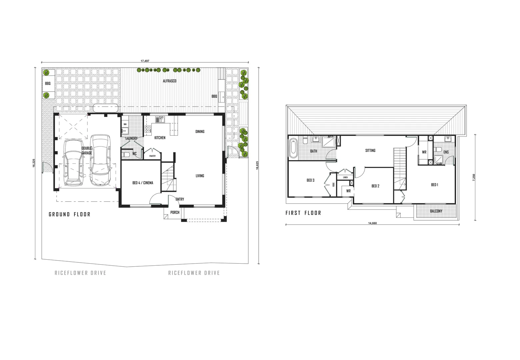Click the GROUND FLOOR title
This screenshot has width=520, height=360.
(69, 214)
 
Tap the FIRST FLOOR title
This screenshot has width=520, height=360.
(303, 213)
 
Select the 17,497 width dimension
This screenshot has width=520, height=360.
(145, 61)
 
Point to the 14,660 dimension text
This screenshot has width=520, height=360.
(372, 223)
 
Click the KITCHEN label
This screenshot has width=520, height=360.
(159, 138)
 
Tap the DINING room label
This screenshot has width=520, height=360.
(200, 131)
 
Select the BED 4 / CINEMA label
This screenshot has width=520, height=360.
(143, 183)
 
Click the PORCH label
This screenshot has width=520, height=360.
(175, 212)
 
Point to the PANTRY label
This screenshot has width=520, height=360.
(152, 156)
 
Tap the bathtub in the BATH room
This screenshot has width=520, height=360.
(293, 148)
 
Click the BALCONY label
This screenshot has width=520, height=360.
(436, 211)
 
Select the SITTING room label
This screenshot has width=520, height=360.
(370, 150)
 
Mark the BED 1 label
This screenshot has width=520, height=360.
(434, 185)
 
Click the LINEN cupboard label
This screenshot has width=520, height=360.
(345, 177)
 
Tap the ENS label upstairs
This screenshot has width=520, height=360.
(446, 152)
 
